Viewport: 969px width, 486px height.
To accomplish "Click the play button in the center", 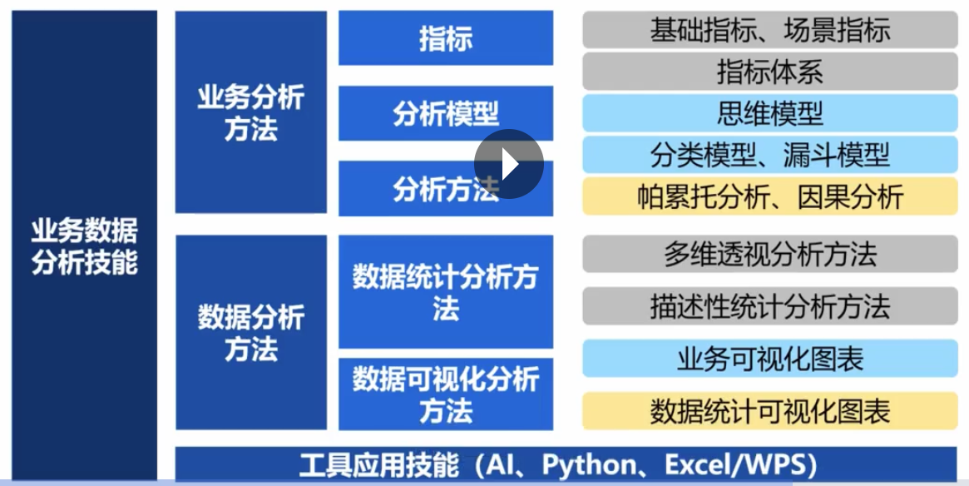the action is (508, 164).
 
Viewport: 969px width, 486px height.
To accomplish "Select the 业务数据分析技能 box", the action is (85, 245).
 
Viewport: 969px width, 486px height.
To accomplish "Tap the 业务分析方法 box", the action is (251, 112).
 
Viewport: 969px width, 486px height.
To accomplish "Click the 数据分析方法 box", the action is (251, 332).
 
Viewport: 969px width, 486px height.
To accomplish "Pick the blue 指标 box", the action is (446, 37).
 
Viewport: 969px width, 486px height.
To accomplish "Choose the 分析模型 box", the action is (446, 113).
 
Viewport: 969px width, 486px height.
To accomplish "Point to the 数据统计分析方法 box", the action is (446, 292).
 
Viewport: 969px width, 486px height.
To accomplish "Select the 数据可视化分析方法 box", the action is (446, 394).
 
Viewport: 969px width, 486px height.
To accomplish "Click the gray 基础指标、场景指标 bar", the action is (770, 30).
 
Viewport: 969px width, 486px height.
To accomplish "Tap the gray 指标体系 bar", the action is (770, 72).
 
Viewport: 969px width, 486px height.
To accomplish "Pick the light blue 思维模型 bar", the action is (770, 113).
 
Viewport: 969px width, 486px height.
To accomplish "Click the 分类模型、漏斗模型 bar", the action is (770, 155).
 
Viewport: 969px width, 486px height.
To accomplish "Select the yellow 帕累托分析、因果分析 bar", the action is (770, 196).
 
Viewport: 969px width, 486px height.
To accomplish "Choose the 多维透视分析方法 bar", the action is (770, 254).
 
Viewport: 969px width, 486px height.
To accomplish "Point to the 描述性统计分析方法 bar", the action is (770, 306).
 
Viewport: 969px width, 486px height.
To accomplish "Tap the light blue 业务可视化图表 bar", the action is (770, 359).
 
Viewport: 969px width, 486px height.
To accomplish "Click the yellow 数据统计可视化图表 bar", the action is (770, 411).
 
